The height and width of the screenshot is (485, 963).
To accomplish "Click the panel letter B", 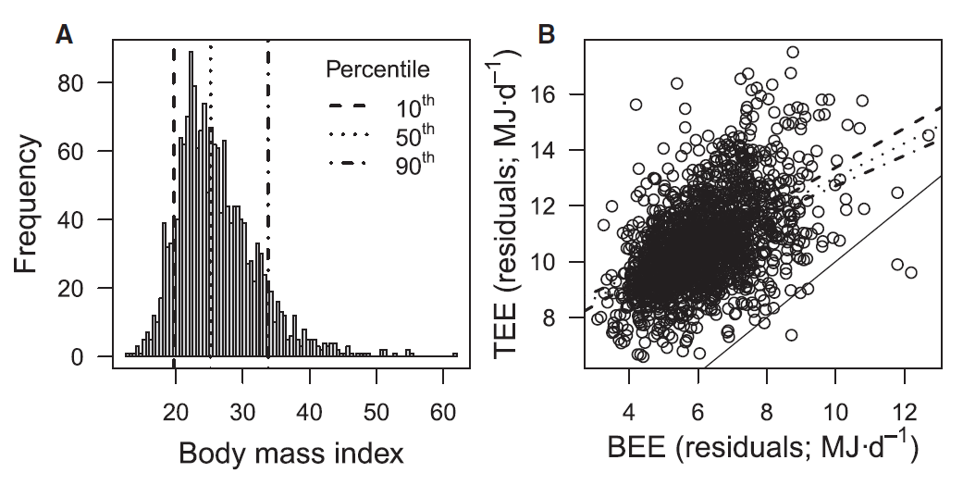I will (547, 35).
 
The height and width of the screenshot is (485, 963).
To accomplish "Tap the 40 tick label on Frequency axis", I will (84, 219).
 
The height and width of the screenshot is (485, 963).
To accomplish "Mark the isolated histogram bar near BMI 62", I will (455, 354).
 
